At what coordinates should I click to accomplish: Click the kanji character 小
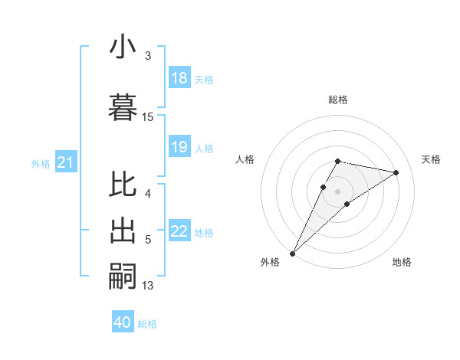[x=123, y=47]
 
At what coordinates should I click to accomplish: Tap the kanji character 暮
[x=123, y=106]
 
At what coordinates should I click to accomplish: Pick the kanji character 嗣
[x=123, y=275]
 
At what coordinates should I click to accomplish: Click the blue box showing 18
[x=179, y=78]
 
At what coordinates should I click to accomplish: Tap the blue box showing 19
[x=179, y=147]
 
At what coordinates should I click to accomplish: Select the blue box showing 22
[x=179, y=231]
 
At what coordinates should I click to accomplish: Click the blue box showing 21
[x=65, y=162]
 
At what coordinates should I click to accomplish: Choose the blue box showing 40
[x=123, y=322]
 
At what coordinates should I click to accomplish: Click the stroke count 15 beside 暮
[x=148, y=116]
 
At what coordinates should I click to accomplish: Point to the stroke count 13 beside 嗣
[x=148, y=286]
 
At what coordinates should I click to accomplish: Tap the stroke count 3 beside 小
[x=148, y=55]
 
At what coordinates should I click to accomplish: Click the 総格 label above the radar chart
[x=337, y=100]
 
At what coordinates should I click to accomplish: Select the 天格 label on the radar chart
[x=431, y=159]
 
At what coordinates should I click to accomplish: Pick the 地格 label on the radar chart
[x=402, y=262]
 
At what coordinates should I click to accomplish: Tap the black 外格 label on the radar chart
[x=270, y=262]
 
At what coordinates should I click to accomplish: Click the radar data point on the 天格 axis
[x=396, y=173]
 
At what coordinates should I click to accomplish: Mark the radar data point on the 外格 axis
[x=292, y=253]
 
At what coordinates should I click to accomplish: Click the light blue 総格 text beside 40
[x=147, y=324]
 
